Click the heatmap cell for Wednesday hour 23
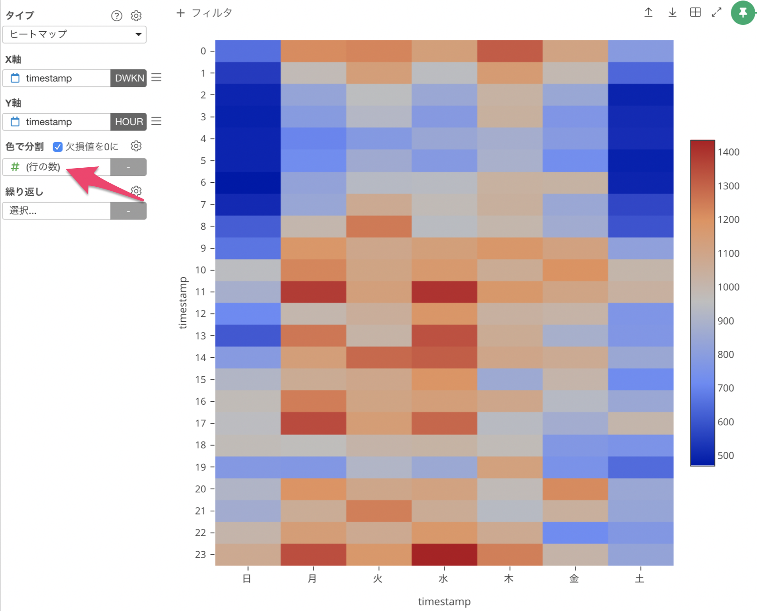444,554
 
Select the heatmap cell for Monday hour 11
313,292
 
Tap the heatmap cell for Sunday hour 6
248,183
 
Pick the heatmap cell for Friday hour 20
575,489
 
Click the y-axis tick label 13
200,336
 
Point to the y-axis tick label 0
204,51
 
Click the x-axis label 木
509,579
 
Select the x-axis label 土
640,579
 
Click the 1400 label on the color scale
728,152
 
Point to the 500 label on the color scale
726,456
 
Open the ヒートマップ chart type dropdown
74,34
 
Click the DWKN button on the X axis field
129,78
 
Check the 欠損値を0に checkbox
58,146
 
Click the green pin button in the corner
742,13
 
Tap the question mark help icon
116,16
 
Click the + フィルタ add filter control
204,13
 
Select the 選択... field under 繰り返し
57,211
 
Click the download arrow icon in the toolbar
672,13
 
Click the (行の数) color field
57,167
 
